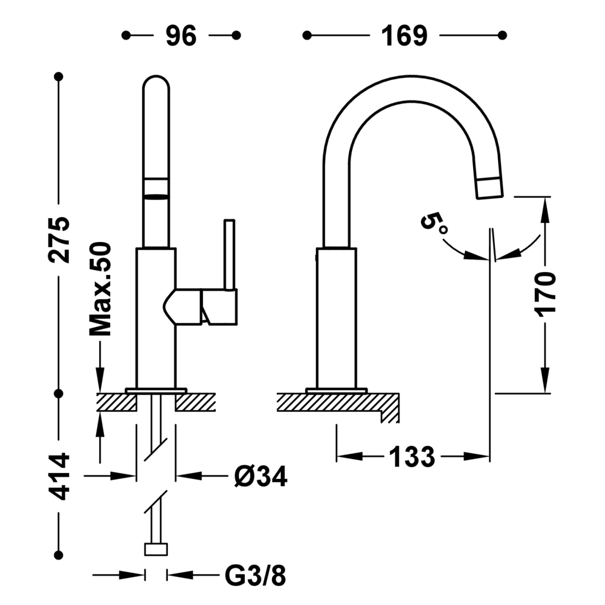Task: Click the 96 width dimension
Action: (181, 35)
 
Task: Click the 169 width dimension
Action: (405, 35)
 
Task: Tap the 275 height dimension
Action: (60, 240)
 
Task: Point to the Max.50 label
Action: (101, 289)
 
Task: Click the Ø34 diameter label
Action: (260, 476)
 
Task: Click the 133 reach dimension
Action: (412, 456)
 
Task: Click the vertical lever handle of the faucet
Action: (229, 255)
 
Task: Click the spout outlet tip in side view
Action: (490, 188)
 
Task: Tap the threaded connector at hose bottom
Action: (156, 549)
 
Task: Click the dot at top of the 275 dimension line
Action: (59, 76)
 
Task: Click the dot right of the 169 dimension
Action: (503, 35)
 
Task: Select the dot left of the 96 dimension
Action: (126, 35)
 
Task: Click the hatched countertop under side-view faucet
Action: (336, 402)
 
